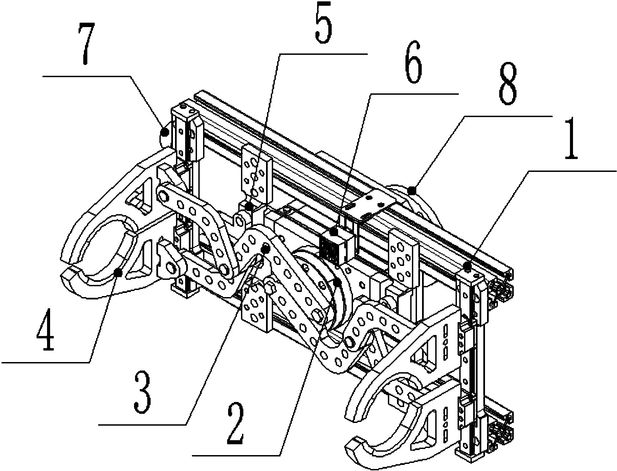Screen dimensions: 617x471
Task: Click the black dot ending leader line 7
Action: pyautogui.click(x=165, y=132)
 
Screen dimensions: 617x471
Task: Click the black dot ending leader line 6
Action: pyautogui.click(x=334, y=232)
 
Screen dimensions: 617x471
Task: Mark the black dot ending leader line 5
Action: pyautogui.click(x=249, y=206)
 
